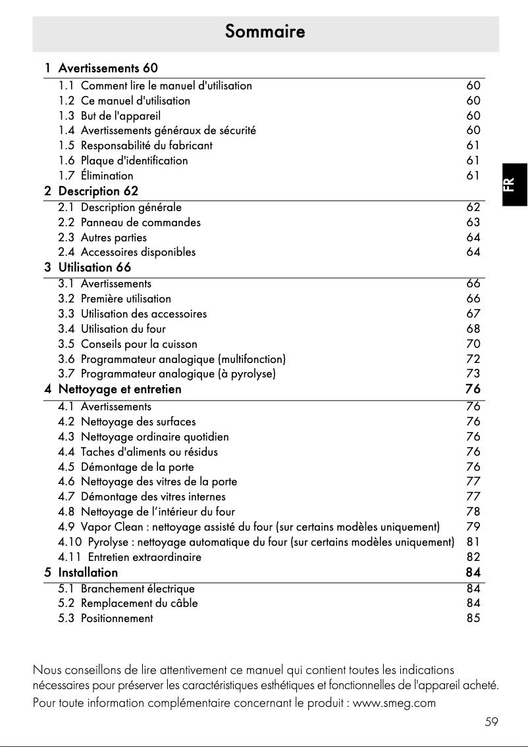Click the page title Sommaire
tap(265, 32)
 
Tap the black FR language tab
tap(514, 184)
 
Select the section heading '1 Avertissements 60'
tap(101, 68)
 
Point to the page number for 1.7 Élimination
tap(473, 176)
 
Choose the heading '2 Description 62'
tap(92, 191)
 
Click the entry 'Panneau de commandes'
tap(140, 222)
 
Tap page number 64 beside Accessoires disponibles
tap(473, 252)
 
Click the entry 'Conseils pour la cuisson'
tap(138, 344)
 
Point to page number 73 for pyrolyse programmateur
tap(473, 374)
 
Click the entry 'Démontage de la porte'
tap(137, 467)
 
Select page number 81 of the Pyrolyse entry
tap(473, 542)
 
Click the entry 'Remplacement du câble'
tap(139, 603)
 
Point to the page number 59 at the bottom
tap(491, 722)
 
